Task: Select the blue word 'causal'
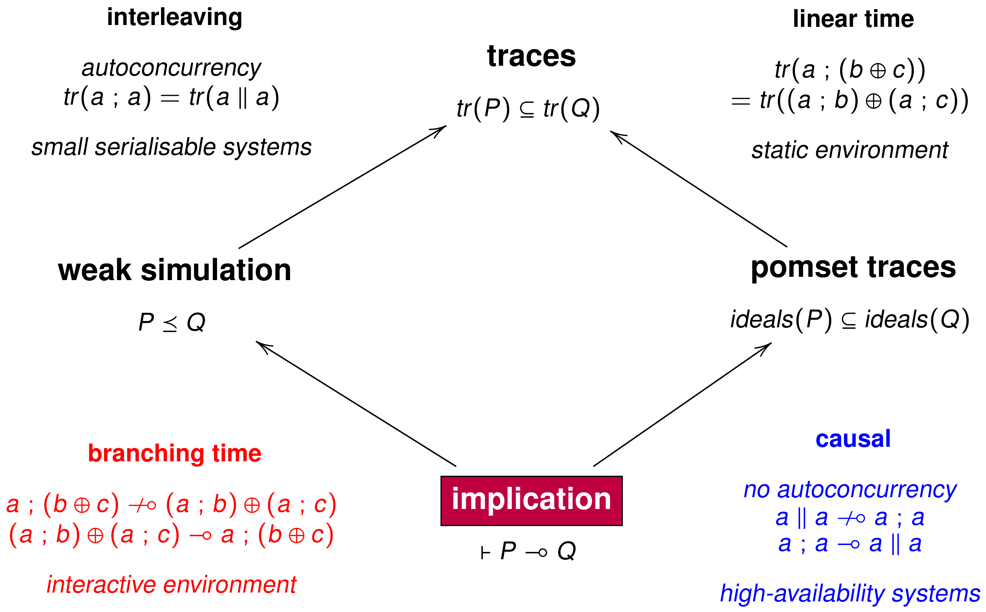pos(853,439)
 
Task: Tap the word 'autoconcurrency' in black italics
pos(171,68)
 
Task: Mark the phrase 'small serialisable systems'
pos(171,147)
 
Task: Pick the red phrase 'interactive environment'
pos(171,585)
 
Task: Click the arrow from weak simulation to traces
pos(342,187)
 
